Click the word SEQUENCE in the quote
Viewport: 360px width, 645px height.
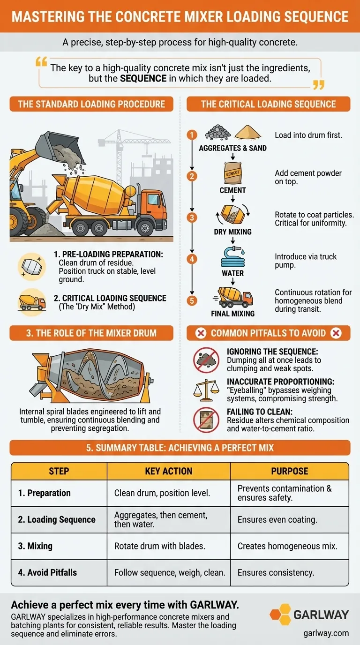143,79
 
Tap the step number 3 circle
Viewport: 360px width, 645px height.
191,217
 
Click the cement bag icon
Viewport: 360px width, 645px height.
233,173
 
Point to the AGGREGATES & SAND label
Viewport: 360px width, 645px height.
232,148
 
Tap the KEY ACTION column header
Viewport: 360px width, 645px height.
168,471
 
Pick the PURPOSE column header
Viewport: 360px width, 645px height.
289,471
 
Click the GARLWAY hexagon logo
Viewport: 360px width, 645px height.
280,615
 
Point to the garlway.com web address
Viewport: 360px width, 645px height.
326,633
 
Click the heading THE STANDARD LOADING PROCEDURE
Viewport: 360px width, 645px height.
91,104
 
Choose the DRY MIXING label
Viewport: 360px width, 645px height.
232,232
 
